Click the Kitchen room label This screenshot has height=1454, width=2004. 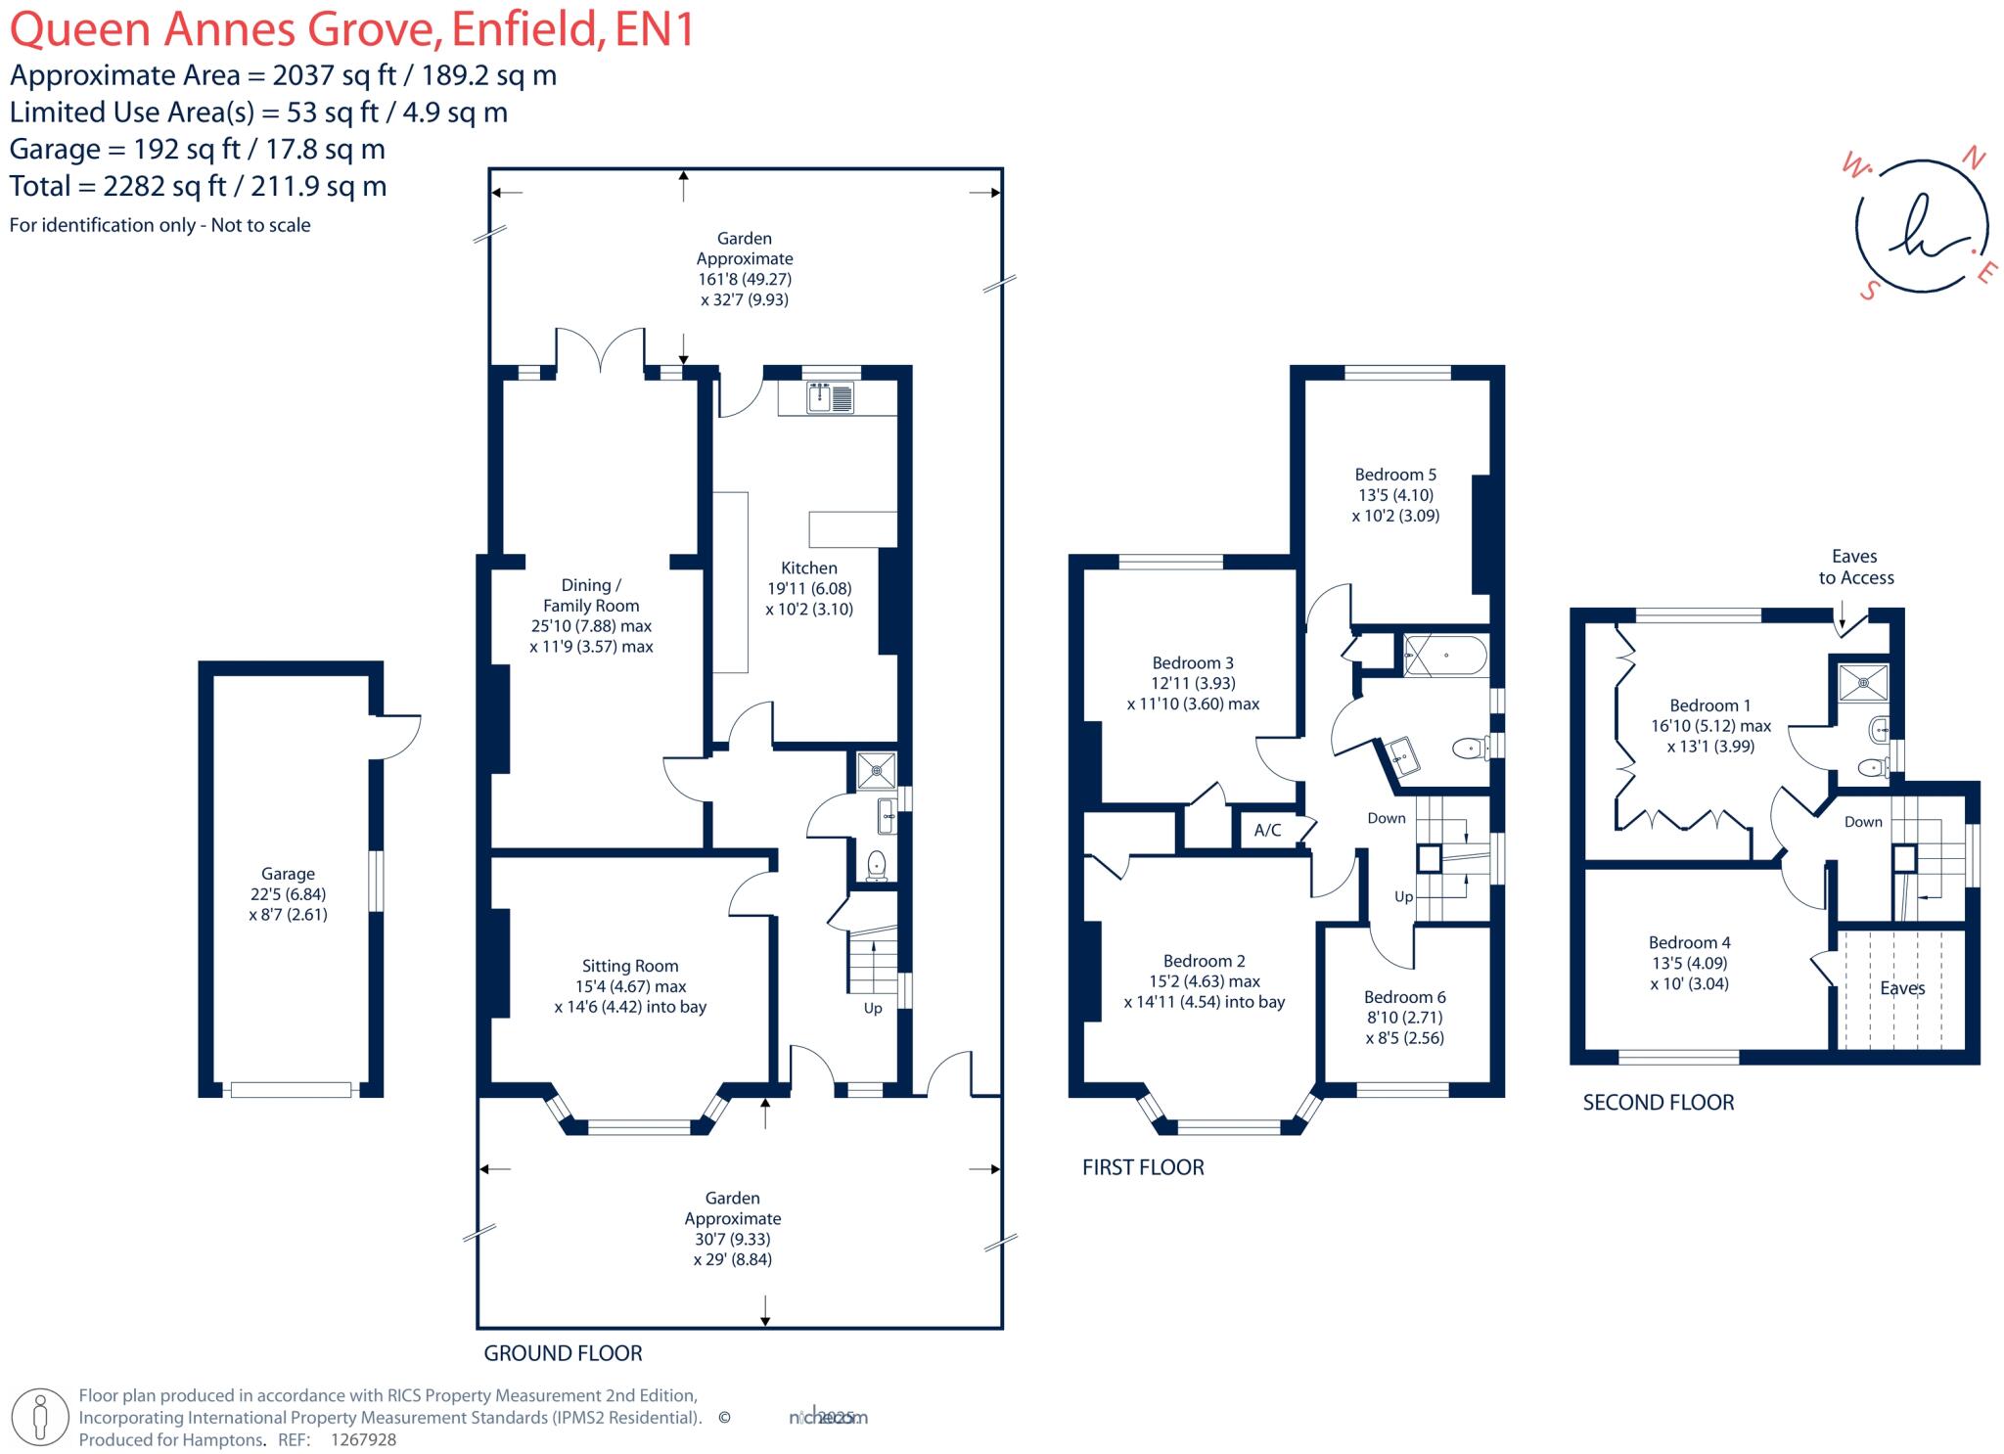(808, 568)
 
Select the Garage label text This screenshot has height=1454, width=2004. (288, 874)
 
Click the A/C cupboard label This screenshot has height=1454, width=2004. (1267, 830)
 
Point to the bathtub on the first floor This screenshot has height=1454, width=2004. (1445, 655)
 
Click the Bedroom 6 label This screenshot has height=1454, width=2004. (1404, 997)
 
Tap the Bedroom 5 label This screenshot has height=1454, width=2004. (1395, 475)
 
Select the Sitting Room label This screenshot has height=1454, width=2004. (629, 966)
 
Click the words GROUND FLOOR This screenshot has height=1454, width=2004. (563, 1353)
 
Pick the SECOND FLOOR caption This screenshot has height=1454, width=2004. (1658, 1103)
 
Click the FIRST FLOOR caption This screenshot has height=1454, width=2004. (1142, 1167)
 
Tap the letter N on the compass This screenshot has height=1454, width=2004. (1974, 159)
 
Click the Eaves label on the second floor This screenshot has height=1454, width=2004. (1902, 988)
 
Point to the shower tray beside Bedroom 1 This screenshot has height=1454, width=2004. (1862, 682)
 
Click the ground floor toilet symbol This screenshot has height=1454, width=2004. (877, 865)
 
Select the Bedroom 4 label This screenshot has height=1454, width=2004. (1689, 942)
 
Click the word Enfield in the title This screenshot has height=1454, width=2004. (524, 28)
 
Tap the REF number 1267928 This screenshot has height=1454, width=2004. (363, 1439)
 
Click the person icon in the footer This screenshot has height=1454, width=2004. (40, 1417)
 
